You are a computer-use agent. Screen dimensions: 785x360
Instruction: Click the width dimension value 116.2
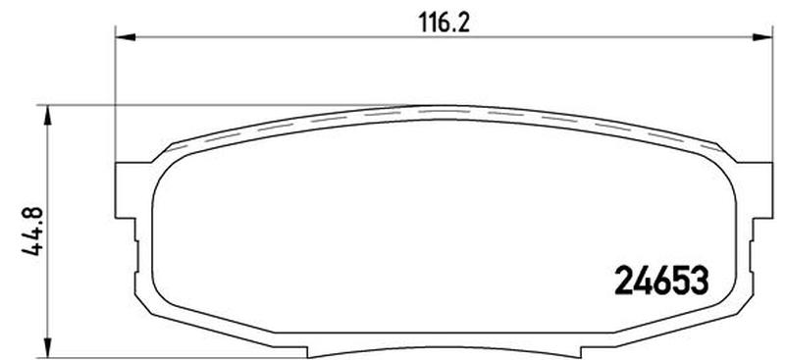tap(445, 23)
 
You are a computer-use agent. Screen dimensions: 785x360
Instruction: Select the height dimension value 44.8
tap(31, 231)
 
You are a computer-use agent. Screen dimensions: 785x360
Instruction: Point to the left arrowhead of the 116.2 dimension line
tap(126, 37)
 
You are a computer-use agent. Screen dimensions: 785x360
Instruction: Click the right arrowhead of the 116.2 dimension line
tap(762, 37)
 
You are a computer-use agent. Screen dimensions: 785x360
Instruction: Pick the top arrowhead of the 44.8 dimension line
tap(47, 115)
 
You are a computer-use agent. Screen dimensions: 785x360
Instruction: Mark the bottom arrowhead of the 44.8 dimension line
tap(47, 348)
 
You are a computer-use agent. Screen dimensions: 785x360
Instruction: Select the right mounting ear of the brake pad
tap(755, 190)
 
